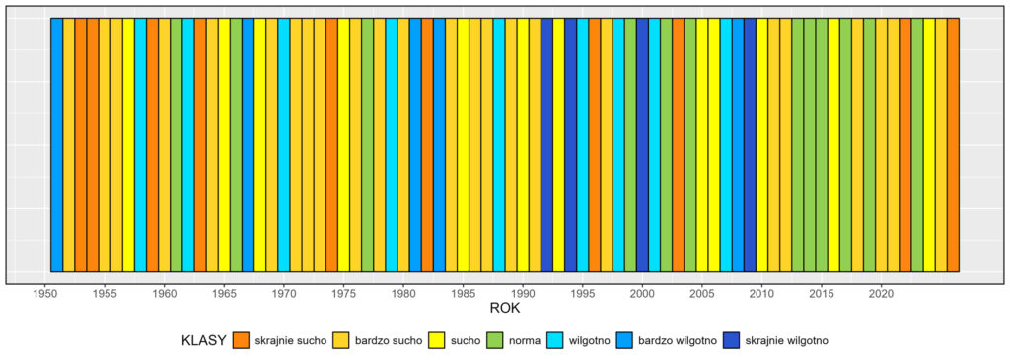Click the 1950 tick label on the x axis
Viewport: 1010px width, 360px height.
44,293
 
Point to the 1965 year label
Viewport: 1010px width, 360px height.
224,293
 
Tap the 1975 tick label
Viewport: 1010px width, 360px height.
343,293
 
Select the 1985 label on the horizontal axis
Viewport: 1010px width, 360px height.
463,293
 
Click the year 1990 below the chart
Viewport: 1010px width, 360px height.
523,293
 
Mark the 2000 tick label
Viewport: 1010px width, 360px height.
642,293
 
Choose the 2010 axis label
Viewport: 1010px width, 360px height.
761,293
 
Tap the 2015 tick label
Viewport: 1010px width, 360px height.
822,293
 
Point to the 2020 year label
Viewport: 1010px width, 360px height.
881,293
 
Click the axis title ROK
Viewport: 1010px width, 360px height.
505,309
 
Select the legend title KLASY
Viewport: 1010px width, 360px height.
205,340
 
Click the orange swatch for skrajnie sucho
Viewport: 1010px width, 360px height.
242,340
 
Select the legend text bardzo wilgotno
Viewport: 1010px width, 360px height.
679,340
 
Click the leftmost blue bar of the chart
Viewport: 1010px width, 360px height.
56,144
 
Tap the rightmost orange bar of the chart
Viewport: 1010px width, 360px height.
953,144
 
